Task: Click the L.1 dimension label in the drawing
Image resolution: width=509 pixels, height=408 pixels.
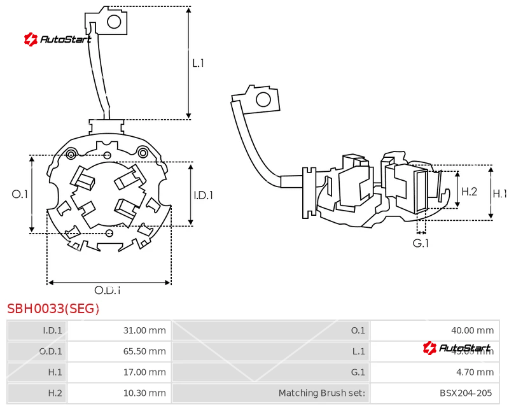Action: tap(198, 63)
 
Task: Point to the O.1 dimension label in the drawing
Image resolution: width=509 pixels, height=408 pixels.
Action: tap(20, 194)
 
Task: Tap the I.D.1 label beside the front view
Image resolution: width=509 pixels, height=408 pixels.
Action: tap(203, 195)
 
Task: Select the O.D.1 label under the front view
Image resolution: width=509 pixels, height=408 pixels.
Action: tap(108, 290)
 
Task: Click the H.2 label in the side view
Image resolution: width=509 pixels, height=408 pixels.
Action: tap(469, 191)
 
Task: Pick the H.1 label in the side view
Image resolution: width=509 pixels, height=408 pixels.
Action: tap(499, 193)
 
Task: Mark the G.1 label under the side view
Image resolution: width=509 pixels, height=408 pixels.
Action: tap(421, 243)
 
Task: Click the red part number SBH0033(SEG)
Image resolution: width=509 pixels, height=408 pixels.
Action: tap(53, 309)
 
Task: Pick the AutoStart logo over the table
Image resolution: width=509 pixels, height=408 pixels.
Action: tap(457, 348)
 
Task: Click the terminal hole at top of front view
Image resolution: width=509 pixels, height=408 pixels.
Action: tap(115, 22)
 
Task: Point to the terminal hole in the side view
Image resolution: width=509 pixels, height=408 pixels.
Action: tap(263, 99)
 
